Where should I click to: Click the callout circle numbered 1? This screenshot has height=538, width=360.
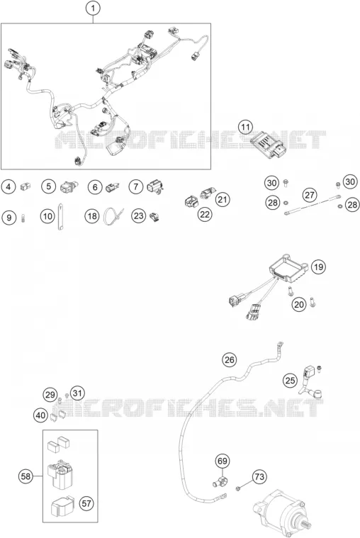(93, 9)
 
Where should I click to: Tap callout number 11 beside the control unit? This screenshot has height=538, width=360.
(245, 128)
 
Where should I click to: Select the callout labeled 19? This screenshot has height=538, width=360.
(318, 267)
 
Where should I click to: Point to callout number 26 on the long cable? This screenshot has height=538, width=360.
(229, 359)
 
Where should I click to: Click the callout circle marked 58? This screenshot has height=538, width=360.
(26, 476)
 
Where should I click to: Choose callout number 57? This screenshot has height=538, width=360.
(86, 503)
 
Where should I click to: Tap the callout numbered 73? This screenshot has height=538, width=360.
(259, 476)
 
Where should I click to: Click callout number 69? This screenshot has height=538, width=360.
(223, 461)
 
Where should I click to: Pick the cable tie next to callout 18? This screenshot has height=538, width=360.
(113, 215)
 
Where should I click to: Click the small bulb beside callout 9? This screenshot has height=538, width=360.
(23, 218)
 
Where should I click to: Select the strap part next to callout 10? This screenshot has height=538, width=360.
(60, 217)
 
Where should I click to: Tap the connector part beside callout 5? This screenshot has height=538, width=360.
(69, 186)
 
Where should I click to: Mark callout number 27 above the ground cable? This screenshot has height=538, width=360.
(309, 195)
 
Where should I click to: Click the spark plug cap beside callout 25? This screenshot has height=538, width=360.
(309, 383)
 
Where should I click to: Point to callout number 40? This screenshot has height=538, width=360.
(40, 415)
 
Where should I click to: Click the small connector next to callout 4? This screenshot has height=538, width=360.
(25, 186)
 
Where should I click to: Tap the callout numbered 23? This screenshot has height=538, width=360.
(138, 215)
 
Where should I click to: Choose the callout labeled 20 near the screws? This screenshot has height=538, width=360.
(299, 304)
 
